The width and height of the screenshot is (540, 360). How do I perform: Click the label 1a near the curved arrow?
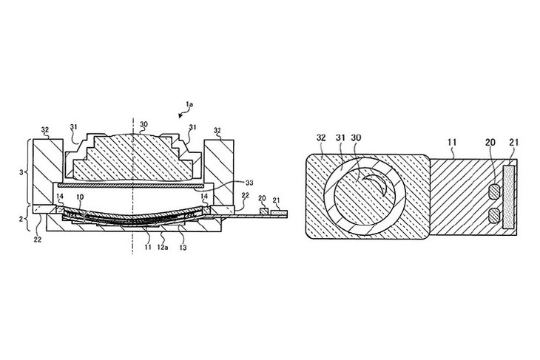(189, 103)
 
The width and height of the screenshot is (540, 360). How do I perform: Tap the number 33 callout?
(249, 183)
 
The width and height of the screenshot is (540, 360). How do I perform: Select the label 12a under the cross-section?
(163, 247)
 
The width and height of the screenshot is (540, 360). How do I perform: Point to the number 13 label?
(183, 247)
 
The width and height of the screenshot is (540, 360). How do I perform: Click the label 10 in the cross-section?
(80, 197)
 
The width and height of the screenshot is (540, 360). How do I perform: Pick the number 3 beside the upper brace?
(21, 172)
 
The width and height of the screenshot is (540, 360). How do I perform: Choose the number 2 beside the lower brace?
(21, 218)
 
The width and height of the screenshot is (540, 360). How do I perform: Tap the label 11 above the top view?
(452, 142)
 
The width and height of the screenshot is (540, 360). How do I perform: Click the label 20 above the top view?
(490, 142)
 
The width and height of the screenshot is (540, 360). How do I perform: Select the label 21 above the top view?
(513, 142)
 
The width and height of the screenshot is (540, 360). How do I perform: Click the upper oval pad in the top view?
(495, 192)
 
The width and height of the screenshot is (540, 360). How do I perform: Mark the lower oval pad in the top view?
(495, 216)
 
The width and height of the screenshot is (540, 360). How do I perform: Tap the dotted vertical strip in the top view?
(509, 197)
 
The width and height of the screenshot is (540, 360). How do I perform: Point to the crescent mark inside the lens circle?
(380, 184)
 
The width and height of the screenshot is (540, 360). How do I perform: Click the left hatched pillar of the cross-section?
(48, 171)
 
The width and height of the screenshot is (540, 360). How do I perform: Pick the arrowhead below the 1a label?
(180, 116)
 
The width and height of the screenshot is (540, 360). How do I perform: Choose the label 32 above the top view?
(321, 137)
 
